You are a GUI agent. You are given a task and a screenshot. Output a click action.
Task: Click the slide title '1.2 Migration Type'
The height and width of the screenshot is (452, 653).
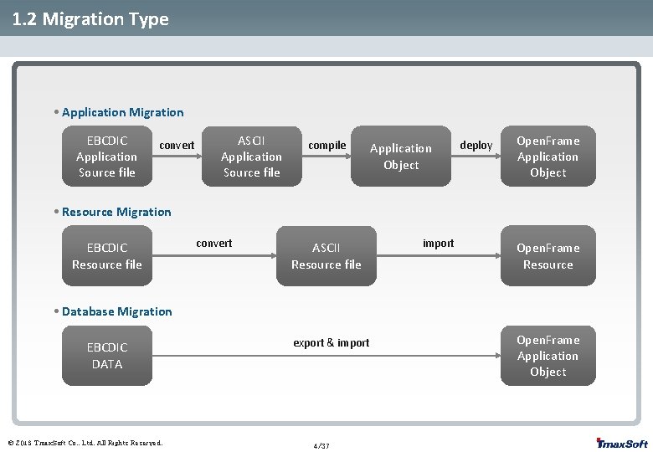[x=90, y=18]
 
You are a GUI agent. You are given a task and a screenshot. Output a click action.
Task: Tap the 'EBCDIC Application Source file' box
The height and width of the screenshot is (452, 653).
[x=106, y=157]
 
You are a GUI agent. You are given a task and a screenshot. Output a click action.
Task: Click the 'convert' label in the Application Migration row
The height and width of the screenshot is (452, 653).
[x=177, y=146]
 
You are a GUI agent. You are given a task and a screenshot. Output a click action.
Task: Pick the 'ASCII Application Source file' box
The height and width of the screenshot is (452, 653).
[x=251, y=157]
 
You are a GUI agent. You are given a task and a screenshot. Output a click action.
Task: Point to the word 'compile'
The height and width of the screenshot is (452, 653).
[x=326, y=146]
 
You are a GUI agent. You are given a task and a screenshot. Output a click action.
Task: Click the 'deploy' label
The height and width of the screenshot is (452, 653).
[x=476, y=146]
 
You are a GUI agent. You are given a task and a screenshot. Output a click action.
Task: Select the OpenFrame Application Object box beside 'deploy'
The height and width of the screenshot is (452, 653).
[x=548, y=157]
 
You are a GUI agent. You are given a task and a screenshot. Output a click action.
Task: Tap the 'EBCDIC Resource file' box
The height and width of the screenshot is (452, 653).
[x=106, y=256]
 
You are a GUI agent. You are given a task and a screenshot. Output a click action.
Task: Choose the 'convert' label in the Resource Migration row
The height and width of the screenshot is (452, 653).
[x=214, y=244]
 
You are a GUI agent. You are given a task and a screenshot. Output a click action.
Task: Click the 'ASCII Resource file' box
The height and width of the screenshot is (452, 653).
[x=326, y=256]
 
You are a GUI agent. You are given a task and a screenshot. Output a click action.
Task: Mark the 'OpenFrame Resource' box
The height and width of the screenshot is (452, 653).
[x=548, y=256]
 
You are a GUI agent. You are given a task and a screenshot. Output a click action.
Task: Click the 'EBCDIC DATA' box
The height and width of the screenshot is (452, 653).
[x=106, y=356]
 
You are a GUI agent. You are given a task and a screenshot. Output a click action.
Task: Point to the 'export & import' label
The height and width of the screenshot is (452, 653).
[x=331, y=343]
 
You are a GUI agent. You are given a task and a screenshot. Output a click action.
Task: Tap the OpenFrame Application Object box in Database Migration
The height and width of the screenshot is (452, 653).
[x=548, y=356]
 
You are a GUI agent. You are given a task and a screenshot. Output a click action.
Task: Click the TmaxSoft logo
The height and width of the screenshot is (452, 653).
[x=621, y=443]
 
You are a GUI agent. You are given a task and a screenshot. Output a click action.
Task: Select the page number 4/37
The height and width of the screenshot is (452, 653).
[x=321, y=446]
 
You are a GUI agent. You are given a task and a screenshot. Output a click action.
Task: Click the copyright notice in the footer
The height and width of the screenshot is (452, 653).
[x=85, y=443]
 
